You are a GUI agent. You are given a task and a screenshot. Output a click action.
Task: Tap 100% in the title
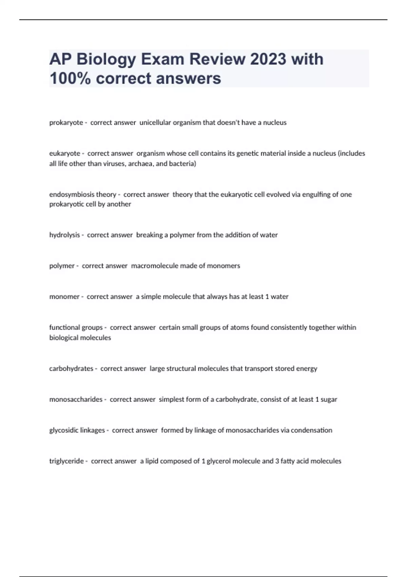pyautogui.click(x=70, y=78)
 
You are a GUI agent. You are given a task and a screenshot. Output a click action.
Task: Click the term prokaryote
pyautogui.click(x=66, y=123)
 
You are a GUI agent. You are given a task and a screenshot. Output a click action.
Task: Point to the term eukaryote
pyautogui.click(x=64, y=153)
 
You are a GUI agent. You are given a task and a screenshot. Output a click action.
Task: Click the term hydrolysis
pyautogui.click(x=64, y=235)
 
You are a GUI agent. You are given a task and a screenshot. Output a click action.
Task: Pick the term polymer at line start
pyautogui.click(x=62, y=266)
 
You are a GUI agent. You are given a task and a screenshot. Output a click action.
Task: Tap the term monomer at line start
pyautogui.click(x=64, y=297)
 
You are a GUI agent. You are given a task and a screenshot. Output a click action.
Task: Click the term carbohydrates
pyautogui.click(x=71, y=369)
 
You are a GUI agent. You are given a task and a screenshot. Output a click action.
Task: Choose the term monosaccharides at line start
pyautogui.click(x=76, y=399)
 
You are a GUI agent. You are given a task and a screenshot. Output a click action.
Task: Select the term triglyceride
pyautogui.click(x=66, y=461)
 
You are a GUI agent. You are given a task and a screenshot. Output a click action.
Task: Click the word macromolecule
pyautogui.click(x=154, y=266)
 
